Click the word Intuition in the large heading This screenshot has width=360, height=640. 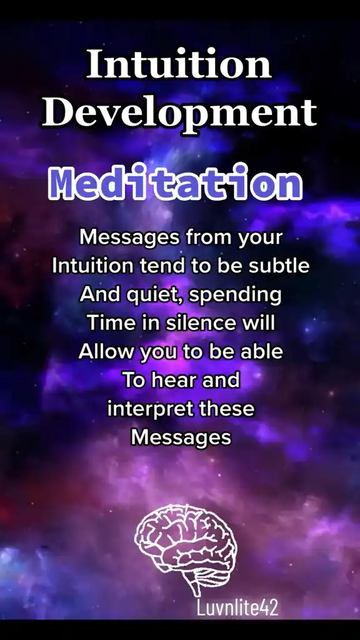pos(179,64)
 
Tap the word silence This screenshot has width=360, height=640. pos(201,323)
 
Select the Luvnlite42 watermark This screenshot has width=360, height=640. pos(237,607)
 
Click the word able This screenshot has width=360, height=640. pos(261,352)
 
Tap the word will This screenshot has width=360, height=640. pos(258,323)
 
